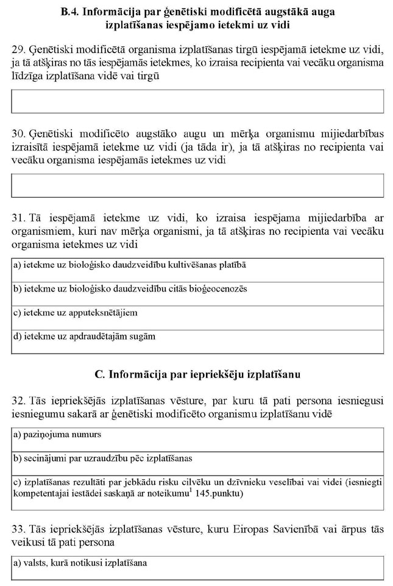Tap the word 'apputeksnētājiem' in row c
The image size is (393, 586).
click(101, 313)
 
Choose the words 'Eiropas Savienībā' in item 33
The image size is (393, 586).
click(269, 527)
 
